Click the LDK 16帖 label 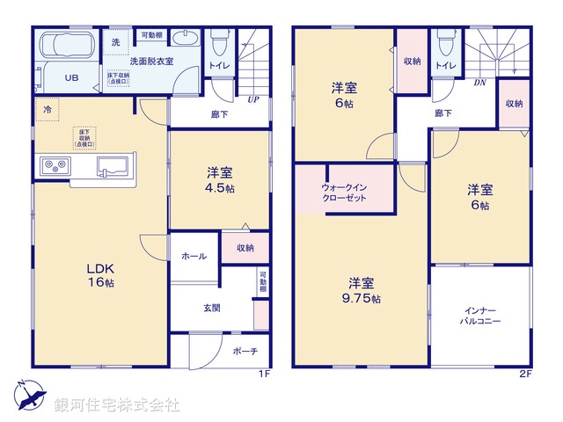(99, 274)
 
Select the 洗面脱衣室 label (152, 60)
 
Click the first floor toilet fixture (218, 40)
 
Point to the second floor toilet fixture (446, 40)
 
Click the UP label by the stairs (252, 98)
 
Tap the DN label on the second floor (479, 84)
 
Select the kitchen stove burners (51, 165)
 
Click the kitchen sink (113, 165)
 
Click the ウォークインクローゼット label (344, 192)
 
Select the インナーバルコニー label (480, 316)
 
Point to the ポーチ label (245, 351)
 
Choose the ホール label (194, 256)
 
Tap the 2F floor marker (525, 374)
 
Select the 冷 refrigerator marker (46, 109)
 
